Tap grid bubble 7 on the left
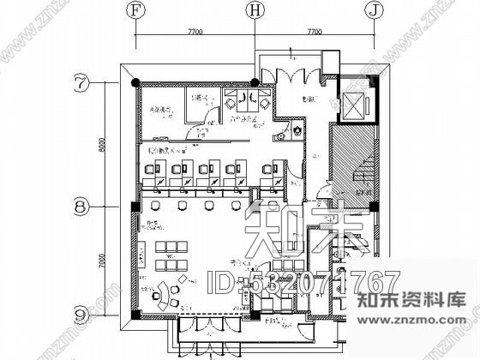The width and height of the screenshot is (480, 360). point(80,83)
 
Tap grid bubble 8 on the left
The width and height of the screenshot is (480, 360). point(80,207)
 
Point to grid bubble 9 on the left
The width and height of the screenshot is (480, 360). point(80,314)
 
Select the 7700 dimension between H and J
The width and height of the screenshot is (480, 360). point(314,31)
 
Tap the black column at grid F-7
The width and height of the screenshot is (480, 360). point(135,82)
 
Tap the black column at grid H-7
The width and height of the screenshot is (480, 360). point(255,82)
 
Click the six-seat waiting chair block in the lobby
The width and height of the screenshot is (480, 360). point(171,249)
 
